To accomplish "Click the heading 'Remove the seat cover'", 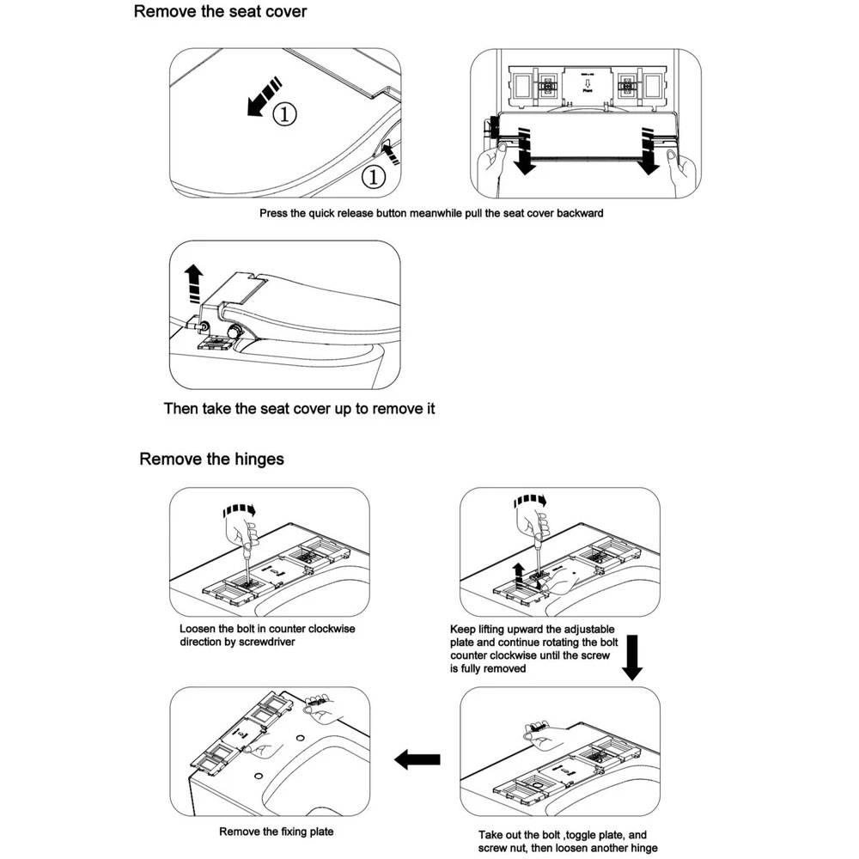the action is (220, 11).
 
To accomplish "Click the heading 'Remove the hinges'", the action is (211, 459).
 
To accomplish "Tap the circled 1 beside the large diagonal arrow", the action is (284, 114).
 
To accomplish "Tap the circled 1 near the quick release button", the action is (374, 177).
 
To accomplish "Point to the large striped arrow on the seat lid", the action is (264, 96).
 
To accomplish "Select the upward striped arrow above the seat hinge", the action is (193, 283).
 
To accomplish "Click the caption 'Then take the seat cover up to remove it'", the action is (299, 409).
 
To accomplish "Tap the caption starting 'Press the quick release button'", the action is (431, 213).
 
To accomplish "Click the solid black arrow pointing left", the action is (417, 759).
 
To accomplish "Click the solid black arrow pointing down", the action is (632, 657).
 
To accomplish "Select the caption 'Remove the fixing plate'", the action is (276, 832).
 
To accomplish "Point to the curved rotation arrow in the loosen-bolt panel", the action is (239, 510).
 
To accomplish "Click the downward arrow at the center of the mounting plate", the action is (588, 83).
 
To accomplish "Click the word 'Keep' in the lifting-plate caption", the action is (463, 630).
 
